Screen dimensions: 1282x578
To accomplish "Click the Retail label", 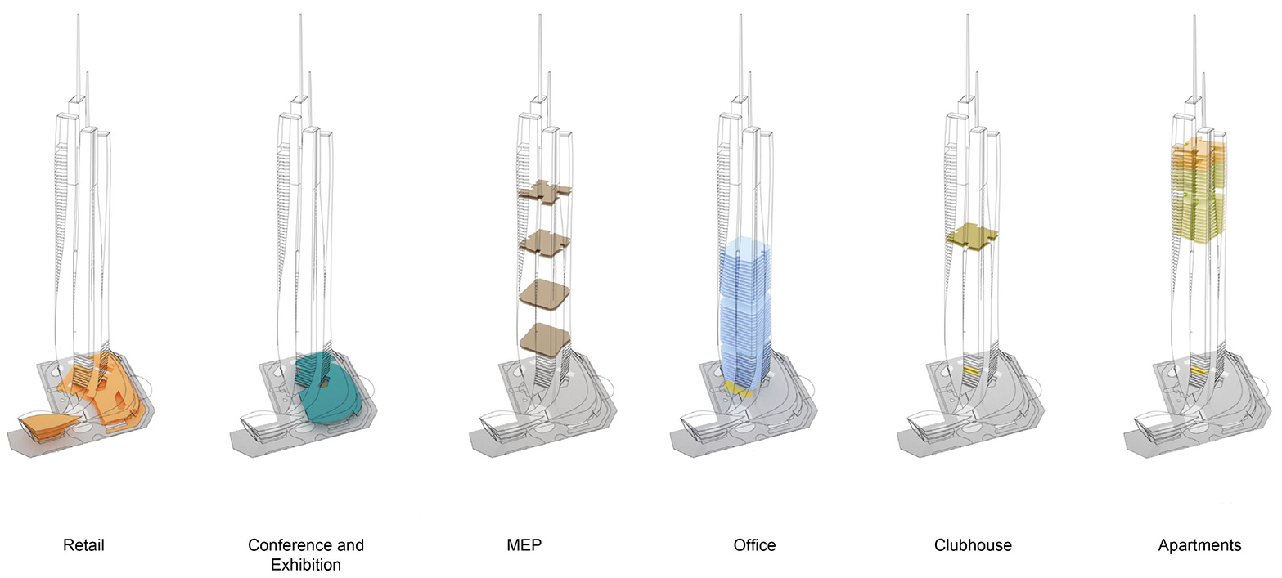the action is (x=83, y=544).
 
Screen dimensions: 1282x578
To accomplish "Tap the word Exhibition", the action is (x=306, y=565).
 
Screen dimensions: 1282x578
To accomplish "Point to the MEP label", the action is (x=524, y=544).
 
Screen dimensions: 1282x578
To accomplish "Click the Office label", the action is (x=754, y=544).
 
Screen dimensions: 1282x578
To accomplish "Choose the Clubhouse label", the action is (x=973, y=544).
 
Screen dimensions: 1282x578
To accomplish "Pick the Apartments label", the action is (x=1199, y=545).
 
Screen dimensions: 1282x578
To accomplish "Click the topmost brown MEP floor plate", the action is (x=544, y=191).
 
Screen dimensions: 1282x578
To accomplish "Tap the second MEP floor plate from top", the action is (x=544, y=244).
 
